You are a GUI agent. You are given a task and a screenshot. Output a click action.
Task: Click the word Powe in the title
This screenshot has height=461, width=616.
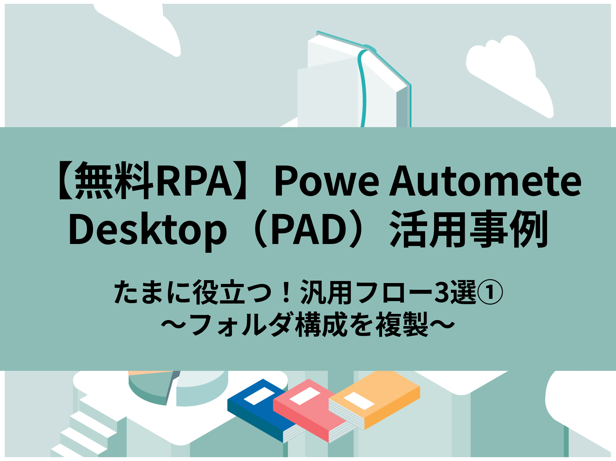[326, 181]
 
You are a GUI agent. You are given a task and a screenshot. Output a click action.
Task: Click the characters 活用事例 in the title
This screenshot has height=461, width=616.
[469, 229]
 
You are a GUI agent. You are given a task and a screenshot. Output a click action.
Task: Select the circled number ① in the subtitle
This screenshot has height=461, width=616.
[490, 292]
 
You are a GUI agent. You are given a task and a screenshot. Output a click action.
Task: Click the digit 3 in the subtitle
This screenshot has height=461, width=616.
[442, 292]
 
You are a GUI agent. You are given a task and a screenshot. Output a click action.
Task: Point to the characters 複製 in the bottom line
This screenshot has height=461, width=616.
[402, 325]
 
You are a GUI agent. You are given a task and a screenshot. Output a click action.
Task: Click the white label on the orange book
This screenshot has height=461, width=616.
[359, 401]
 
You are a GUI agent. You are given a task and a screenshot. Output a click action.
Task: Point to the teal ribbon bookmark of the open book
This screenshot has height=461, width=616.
[363, 88]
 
